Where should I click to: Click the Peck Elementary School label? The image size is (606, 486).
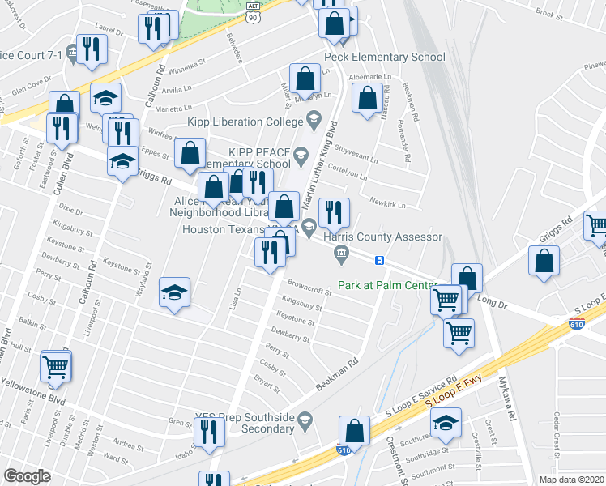[x=384, y=57]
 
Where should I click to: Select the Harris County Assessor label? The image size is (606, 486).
[x=382, y=237]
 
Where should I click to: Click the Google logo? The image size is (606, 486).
[x=27, y=476]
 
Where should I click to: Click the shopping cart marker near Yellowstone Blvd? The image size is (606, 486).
[x=56, y=367]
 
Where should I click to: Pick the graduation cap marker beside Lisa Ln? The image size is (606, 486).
[x=175, y=293]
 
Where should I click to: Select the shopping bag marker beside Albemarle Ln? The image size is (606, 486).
[x=368, y=98]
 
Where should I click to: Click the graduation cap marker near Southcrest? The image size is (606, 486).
[x=445, y=424]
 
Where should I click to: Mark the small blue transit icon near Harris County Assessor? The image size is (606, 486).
[x=378, y=259]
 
